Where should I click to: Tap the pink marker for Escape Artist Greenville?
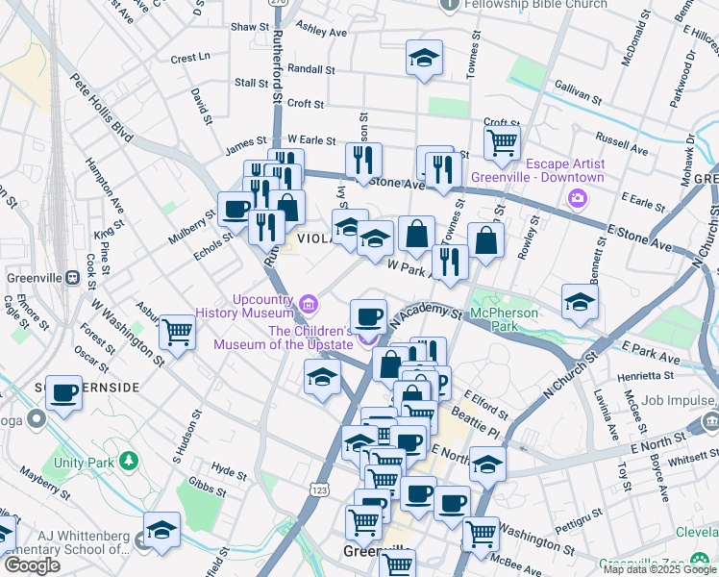tap(578, 199)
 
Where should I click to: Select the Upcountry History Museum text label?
tap(244, 306)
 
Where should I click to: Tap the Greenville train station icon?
tap(71, 277)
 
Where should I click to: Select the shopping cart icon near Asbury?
tap(177, 333)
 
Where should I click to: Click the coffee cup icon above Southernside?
tap(63, 391)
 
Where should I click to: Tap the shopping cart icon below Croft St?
tap(502, 142)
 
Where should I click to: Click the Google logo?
tap(32, 565)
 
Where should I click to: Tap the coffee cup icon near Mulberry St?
tap(236, 209)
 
